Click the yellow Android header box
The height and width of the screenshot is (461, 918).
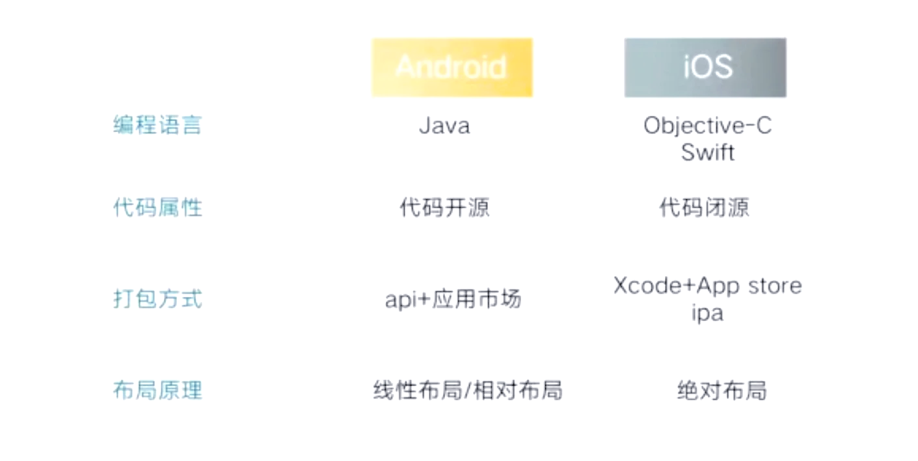[x=452, y=68]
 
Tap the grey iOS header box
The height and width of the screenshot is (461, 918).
[x=705, y=68]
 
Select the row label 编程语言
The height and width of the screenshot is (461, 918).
[x=158, y=125]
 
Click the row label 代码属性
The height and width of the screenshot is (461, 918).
[x=158, y=207]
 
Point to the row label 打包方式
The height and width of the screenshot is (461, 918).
[x=158, y=299]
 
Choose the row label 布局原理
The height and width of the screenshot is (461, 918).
[x=158, y=390]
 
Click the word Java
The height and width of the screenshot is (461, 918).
[x=444, y=126]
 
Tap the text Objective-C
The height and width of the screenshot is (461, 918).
[x=708, y=126]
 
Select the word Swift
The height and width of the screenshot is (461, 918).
[x=708, y=152]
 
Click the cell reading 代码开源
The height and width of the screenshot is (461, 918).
[x=444, y=207]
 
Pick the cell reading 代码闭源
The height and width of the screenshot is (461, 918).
[x=705, y=207]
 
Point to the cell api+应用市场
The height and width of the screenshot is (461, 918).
[x=453, y=299]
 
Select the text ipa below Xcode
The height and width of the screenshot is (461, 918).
[x=707, y=314]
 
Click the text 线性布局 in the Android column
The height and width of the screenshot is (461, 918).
[x=418, y=390]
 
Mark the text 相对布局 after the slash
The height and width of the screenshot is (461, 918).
[x=518, y=390]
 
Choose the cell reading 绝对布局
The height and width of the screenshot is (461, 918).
[x=722, y=390]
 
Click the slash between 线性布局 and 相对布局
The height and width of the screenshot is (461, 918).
[x=468, y=390]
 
